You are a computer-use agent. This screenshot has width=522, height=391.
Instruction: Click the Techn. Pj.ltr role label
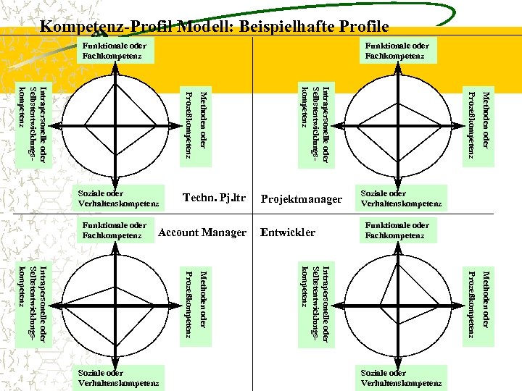[x=215, y=198]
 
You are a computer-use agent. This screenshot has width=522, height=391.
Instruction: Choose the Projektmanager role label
[x=301, y=199]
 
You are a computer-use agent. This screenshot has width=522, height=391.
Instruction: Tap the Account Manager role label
[x=202, y=232]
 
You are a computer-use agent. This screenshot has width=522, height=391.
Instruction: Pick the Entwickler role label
[x=288, y=232]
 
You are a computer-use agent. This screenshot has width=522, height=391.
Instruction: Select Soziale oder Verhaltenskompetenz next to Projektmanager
[x=401, y=198]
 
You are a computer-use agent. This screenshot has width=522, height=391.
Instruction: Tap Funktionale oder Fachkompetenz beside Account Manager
[x=115, y=230]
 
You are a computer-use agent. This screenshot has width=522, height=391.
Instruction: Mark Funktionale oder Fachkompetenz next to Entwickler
[x=397, y=230]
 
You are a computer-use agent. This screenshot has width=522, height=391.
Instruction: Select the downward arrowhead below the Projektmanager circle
[x=397, y=183]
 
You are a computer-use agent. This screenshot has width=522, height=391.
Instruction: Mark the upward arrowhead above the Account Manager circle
[x=114, y=247]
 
